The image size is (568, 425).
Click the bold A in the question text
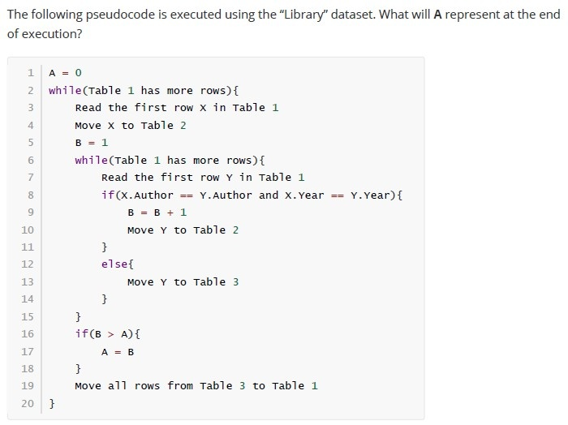pos(437,15)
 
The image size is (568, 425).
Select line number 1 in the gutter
pos(31,73)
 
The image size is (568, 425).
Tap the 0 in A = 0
pos(78,73)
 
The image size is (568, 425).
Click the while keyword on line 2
pos(65,90)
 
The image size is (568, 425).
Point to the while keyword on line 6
pos(91,160)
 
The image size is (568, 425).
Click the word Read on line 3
pos(88,108)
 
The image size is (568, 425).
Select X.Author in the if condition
pos(147,195)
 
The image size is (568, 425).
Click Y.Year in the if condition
pos(372,195)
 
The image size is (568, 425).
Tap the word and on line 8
pos(269,195)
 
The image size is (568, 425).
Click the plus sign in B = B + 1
pos(170,212)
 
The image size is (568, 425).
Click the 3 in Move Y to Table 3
pos(235,281)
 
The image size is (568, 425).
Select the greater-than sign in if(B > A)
pos(111,334)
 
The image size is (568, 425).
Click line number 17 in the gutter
pos(28,351)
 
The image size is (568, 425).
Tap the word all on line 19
pos(118,385)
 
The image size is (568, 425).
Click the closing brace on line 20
pos(52,403)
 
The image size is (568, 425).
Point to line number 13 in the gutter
pos(28,281)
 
